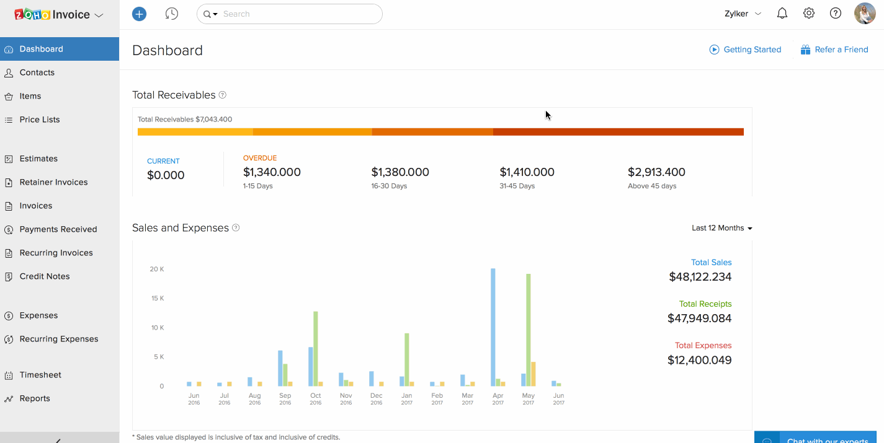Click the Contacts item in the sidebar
pyautogui.click(x=37, y=72)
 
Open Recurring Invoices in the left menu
pyautogui.click(x=56, y=253)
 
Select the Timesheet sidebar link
pyautogui.click(x=40, y=375)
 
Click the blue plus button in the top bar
pyautogui.click(x=140, y=14)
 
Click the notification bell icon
pyautogui.click(x=782, y=14)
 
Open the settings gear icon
pyautogui.click(x=809, y=14)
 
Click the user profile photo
pyautogui.click(x=865, y=14)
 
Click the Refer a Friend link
pyautogui.click(x=841, y=50)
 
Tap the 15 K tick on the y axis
pyautogui.click(x=157, y=299)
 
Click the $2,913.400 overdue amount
pyautogui.click(x=656, y=172)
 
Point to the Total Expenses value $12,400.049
pyautogui.click(x=699, y=360)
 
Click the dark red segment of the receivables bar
pyautogui.click(x=618, y=132)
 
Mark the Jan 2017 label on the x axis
pyautogui.click(x=407, y=399)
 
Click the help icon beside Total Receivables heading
pyautogui.click(x=223, y=95)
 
